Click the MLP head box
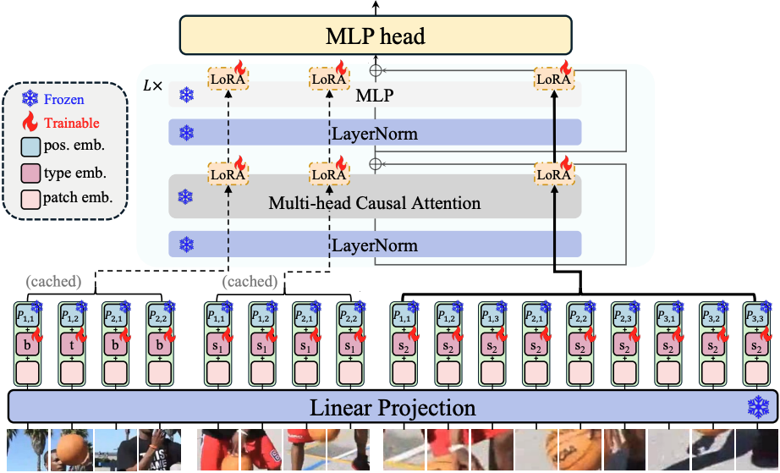[376, 36]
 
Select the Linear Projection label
[392, 409]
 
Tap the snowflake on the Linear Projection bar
[756, 407]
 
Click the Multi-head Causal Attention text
[374, 203]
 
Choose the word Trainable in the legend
[71, 123]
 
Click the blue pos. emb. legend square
[31, 146]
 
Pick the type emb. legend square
[31, 173]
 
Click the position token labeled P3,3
[754, 316]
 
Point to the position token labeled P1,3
[491, 316]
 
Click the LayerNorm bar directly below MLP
[375, 134]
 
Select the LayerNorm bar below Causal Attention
[375, 245]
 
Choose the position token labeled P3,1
[667, 316]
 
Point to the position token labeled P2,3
[623, 316]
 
